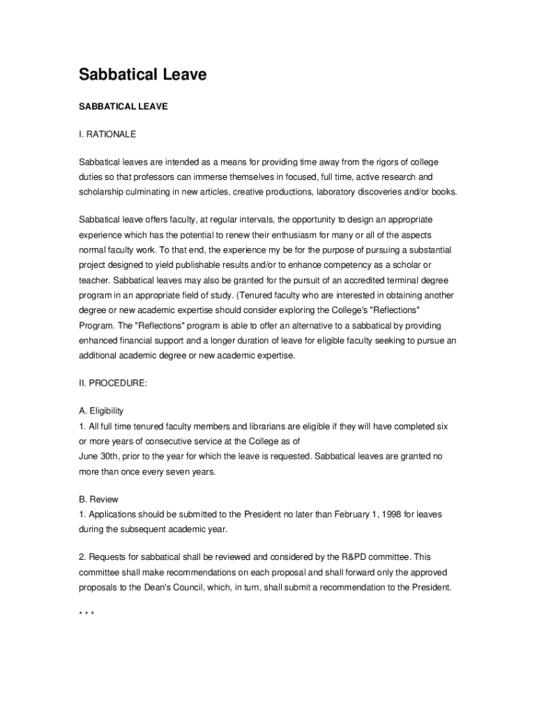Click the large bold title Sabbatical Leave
[x=142, y=75]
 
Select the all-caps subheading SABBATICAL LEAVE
[x=123, y=107]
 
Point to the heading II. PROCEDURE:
[x=112, y=383]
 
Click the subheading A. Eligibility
[x=101, y=411]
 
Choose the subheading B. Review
[x=98, y=499]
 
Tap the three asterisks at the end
[x=86, y=614]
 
